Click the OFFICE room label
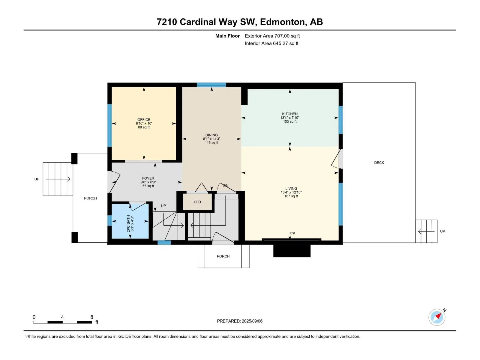(144, 120)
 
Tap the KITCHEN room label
(289, 114)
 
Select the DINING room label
(211, 135)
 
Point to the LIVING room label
(291, 188)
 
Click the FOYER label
(148, 178)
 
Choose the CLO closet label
(197, 202)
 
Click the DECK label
(379, 162)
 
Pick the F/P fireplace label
(292, 233)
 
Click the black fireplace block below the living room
(292, 250)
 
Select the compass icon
(437, 317)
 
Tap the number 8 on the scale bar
(91, 317)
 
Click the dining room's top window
(211, 85)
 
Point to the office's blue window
(109, 125)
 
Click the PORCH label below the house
(223, 256)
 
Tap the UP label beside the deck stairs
(442, 231)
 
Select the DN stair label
(226, 185)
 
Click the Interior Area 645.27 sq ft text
(271, 43)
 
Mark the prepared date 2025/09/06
(252, 321)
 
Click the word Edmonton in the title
(282, 22)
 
